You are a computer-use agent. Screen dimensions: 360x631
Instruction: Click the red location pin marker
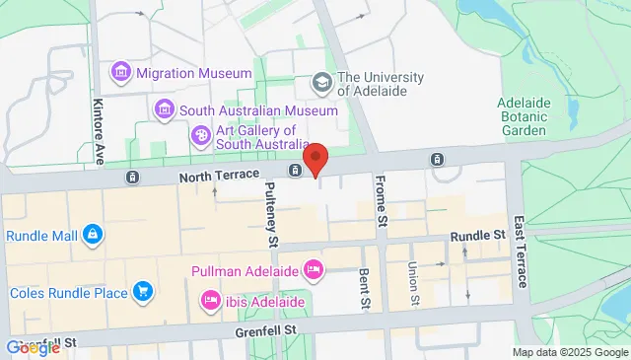315,158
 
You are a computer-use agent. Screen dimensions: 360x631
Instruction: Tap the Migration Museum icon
121,71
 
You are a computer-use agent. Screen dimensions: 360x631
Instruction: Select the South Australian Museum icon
165,108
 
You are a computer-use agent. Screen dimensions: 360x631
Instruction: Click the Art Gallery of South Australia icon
200,134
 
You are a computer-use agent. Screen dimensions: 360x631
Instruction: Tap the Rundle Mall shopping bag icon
92,235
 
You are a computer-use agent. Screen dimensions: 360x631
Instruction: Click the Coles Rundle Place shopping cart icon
144,291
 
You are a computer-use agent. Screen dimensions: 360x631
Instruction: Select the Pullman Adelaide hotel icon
313,268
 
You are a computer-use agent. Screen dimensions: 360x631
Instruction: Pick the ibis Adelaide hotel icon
209,299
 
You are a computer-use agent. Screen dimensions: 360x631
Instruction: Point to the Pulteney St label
273,219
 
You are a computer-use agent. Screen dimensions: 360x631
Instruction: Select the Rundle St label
477,236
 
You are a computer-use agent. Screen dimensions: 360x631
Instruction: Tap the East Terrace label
520,247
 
